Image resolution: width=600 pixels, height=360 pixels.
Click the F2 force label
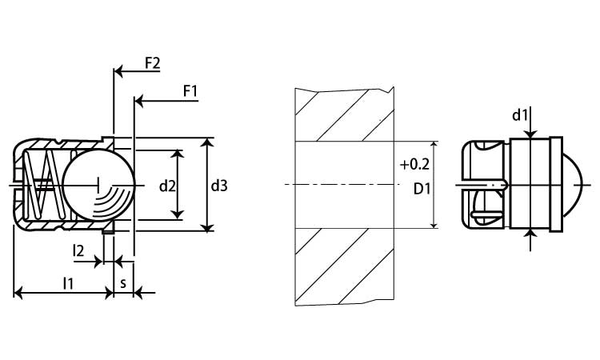pyautogui.click(x=152, y=63)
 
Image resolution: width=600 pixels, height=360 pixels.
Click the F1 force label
pyautogui.click(x=190, y=91)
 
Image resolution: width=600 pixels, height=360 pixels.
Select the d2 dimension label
pyautogui.click(x=167, y=186)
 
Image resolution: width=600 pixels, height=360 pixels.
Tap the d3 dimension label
pyautogui.click(x=219, y=186)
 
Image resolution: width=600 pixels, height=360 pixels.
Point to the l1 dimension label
pyautogui.click(x=69, y=282)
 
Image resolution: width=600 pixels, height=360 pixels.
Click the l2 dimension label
pyautogui.click(x=78, y=250)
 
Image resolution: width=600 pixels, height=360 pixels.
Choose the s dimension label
pyautogui.click(x=122, y=282)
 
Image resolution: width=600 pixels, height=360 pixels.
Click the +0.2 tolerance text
pyautogui.click(x=414, y=165)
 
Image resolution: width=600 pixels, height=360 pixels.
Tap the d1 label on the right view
pyautogui.click(x=521, y=116)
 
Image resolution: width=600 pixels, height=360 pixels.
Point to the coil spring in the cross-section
pyautogui.click(x=40, y=185)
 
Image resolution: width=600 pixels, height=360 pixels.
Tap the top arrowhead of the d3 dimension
pyautogui.click(x=208, y=142)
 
